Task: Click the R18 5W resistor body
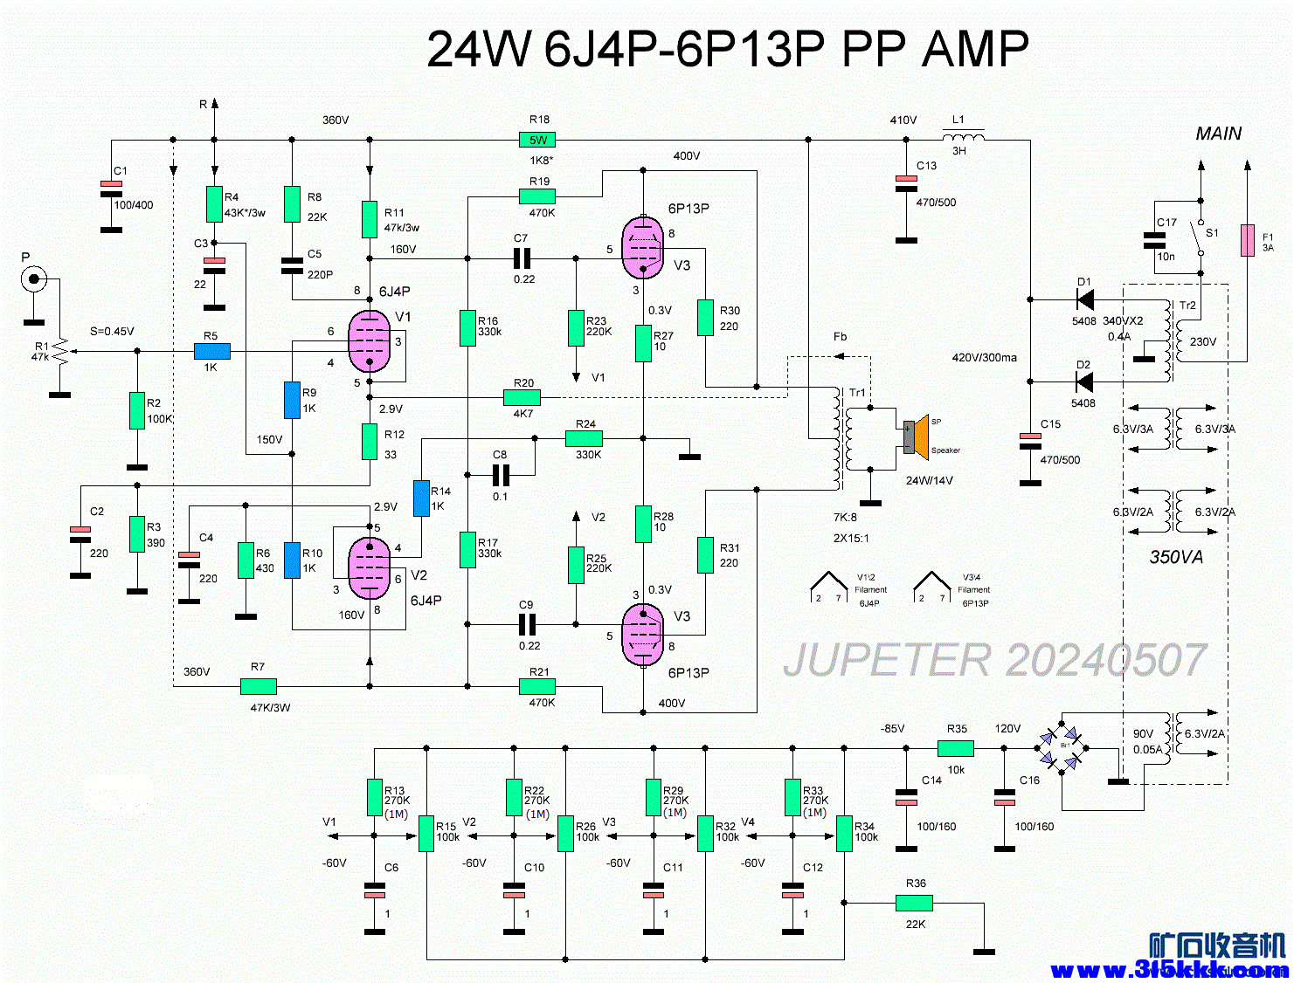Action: pos(537,140)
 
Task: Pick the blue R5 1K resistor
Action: pos(211,351)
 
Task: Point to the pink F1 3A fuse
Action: pos(1248,241)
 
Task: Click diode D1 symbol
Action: pos(1084,299)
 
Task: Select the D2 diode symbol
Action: pos(1084,382)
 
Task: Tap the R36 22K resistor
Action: pos(914,904)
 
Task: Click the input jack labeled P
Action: pos(34,279)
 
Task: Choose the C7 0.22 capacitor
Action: pos(522,258)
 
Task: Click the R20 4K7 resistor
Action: pos(522,398)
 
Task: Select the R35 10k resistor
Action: pos(955,748)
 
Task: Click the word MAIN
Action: pos(1218,134)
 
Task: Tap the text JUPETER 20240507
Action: pos(994,660)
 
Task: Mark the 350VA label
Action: pos(1175,557)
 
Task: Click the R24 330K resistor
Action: pos(584,438)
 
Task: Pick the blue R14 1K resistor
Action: pos(421,498)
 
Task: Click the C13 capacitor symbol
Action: pos(906,183)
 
